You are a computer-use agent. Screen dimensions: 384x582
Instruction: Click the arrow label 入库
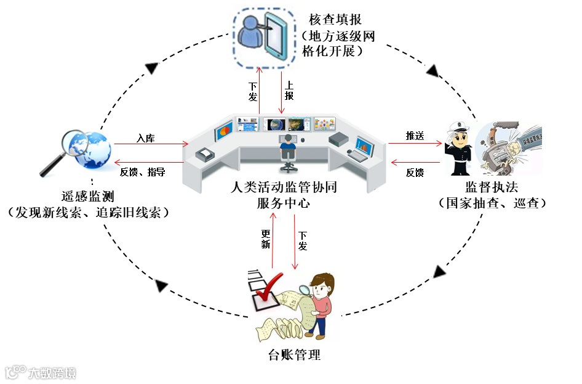click(x=146, y=138)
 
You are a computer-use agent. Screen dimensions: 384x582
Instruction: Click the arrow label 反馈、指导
click(x=143, y=172)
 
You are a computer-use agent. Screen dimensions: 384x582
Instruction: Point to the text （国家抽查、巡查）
click(x=493, y=202)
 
